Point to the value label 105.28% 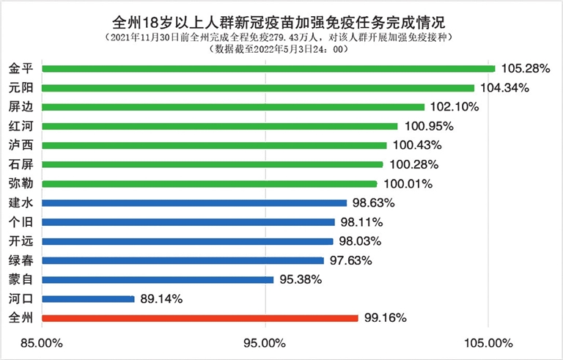click(x=526, y=69)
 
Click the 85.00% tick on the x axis click(x=41, y=342)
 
